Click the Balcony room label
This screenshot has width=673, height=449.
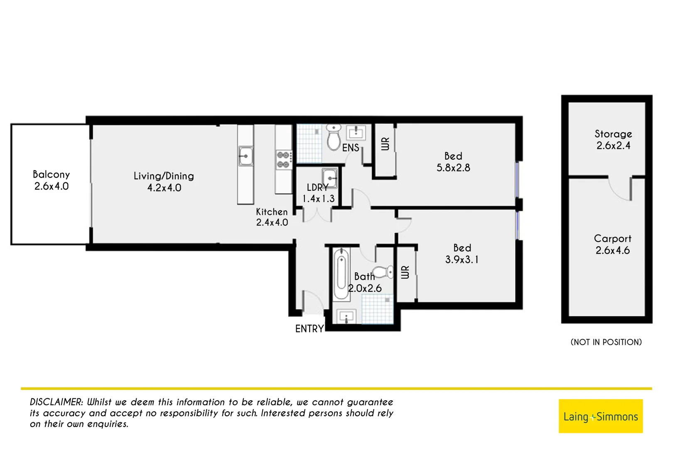pos(51,175)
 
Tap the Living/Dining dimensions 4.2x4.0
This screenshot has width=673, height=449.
pos(164,188)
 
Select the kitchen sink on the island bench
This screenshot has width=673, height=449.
pos(246,156)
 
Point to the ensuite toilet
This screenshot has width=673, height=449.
pos(333,137)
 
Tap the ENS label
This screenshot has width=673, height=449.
pos(351,148)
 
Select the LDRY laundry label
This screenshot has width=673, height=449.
pos(317,188)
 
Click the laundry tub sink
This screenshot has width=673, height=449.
pos(330,178)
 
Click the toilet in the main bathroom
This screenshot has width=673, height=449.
pos(384,272)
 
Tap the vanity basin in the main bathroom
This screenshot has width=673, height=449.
pos(346,317)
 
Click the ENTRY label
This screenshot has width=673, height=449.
pos(309,329)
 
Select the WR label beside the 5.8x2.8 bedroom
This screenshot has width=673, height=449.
pos(385,144)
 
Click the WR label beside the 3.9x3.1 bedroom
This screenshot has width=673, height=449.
pos(405,272)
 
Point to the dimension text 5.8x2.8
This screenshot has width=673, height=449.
pos(453,168)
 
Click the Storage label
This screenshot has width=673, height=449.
pos(613,134)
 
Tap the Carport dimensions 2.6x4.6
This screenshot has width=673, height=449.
pos(612,251)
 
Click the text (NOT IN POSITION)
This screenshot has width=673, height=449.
pos(606,342)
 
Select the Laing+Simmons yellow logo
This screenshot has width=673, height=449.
pos(600,416)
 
